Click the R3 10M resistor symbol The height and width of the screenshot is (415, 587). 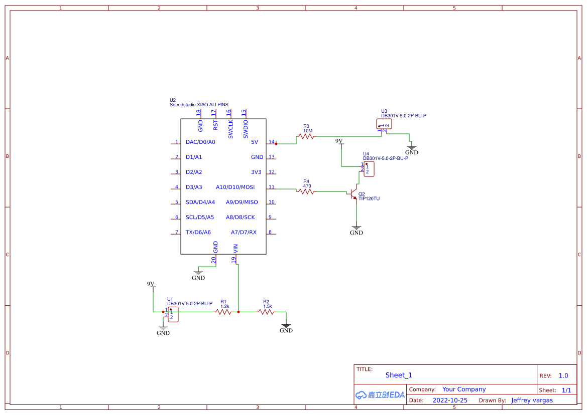[306, 136]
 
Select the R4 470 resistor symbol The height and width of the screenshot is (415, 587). [306, 190]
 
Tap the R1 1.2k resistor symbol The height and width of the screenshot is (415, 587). [223, 312]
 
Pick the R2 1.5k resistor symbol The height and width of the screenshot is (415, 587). [266, 312]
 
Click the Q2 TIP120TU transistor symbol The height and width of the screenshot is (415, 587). [355, 193]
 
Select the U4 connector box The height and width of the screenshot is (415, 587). [369, 169]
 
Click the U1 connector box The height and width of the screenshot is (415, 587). [173, 315]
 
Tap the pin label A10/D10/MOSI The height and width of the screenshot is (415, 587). [235, 187]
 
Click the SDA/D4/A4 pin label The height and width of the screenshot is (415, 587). [200, 202]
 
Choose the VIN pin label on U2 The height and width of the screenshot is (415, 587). [236, 248]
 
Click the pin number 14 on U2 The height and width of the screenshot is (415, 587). [271, 142]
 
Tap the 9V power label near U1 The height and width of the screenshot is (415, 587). [151, 284]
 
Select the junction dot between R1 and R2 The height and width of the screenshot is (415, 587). [239, 312]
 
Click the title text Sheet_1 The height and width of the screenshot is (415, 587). [398, 375]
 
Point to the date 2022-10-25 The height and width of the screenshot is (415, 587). [450, 400]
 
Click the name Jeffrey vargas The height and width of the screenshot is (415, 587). [532, 400]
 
